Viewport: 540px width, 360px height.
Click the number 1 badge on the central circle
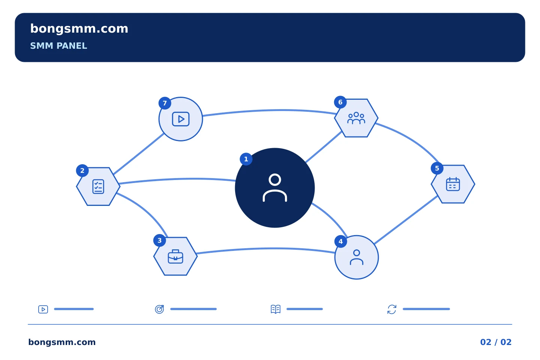coord(246,159)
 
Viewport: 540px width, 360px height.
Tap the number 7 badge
coord(165,103)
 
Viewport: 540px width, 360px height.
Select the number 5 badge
coord(437,168)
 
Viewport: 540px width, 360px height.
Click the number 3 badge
coord(159,240)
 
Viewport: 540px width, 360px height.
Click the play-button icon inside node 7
coord(181,119)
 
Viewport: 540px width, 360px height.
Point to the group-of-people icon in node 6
coord(356,118)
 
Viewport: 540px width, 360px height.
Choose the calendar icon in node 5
coord(453,184)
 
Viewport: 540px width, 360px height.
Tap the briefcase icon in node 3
coord(175,256)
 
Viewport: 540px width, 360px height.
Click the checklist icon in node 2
coord(98,186)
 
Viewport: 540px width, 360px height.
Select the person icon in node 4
coord(357,257)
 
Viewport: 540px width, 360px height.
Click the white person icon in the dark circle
coord(274,187)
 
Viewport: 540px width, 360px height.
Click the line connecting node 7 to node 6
coord(270,110)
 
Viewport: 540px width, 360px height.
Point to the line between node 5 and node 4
coord(406,220)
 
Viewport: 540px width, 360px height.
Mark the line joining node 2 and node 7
coord(139,154)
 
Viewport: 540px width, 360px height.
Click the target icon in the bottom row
coord(159,309)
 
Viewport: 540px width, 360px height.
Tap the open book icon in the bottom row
coord(276,309)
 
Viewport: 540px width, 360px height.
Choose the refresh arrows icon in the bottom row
coord(392,309)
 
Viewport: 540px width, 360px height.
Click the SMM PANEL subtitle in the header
coord(58,46)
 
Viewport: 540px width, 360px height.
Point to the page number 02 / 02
coord(496,342)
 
